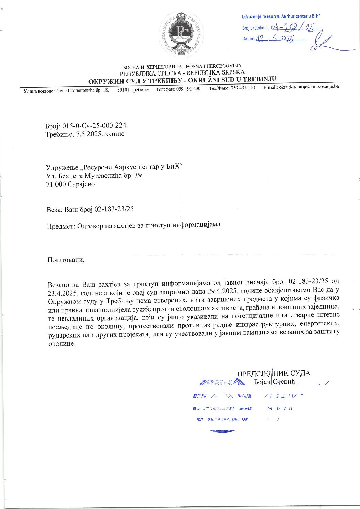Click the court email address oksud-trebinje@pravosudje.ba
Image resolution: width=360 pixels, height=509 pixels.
point(308,87)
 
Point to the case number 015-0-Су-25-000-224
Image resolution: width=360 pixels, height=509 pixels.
point(94,126)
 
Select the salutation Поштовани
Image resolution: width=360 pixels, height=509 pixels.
point(66,260)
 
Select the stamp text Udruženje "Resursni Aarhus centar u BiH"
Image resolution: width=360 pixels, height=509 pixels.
point(281,16)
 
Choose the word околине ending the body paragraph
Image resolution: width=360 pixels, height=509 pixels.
point(60,344)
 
